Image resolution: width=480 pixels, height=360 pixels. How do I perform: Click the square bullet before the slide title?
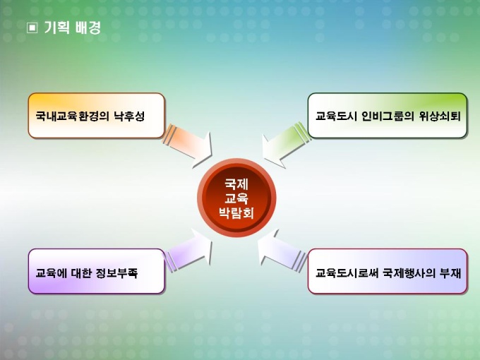(32, 28)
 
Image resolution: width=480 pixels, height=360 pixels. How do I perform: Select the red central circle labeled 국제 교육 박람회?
(236, 198)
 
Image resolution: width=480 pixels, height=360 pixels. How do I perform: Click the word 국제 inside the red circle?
(236, 184)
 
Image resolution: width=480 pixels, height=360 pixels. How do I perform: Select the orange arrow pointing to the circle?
(187, 145)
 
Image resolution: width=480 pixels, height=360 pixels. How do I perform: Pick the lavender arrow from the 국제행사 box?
(282, 251)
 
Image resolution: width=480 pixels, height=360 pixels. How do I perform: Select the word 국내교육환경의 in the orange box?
(72, 116)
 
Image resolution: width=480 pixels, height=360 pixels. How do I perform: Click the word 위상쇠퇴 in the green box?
(440, 116)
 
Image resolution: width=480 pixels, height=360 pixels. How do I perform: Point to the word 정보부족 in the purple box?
(116, 272)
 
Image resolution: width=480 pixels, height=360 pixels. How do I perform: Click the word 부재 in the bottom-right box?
(450, 272)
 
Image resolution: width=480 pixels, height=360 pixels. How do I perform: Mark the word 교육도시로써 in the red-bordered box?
(347, 272)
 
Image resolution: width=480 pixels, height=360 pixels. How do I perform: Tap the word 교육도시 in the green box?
(336, 116)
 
